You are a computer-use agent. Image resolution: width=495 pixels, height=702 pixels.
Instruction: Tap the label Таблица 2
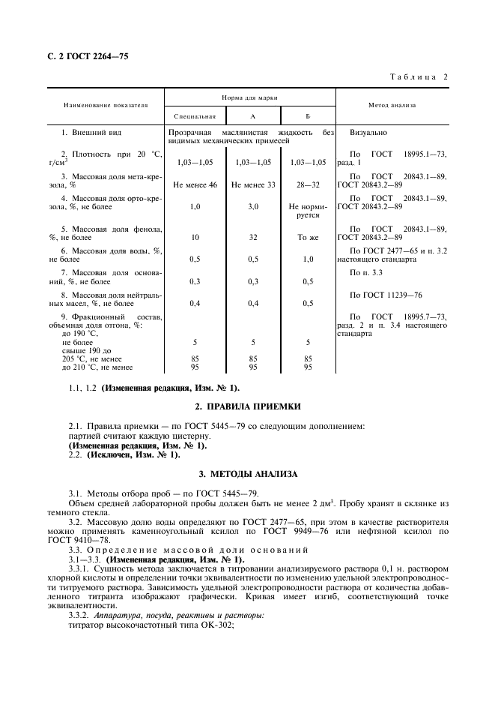point(419,77)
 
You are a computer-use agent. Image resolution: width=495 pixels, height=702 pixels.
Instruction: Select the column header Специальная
point(195,116)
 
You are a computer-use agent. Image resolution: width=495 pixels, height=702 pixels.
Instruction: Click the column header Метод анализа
point(392,106)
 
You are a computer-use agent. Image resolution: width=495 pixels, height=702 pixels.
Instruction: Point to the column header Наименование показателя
point(106,106)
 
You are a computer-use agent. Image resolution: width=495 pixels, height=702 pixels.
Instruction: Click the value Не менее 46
point(195,184)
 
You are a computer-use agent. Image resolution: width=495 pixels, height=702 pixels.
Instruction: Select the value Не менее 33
point(253,184)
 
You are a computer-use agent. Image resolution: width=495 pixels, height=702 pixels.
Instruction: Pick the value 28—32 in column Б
point(308,184)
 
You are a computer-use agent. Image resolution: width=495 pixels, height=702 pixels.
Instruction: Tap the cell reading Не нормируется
point(308,210)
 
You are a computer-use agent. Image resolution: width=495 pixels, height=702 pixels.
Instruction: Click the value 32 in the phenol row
point(253,237)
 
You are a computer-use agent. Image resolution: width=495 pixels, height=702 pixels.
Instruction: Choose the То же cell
point(308,237)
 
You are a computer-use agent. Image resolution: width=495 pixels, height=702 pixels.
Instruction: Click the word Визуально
point(368,133)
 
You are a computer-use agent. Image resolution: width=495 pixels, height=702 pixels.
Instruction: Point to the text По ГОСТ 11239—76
point(386,295)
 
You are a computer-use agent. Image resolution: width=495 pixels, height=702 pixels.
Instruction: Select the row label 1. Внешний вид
point(86,133)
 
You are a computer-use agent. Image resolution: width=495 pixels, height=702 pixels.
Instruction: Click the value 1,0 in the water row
point(308,259)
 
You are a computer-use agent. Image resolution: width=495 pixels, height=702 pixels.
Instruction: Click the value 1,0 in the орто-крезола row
point(195,206)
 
